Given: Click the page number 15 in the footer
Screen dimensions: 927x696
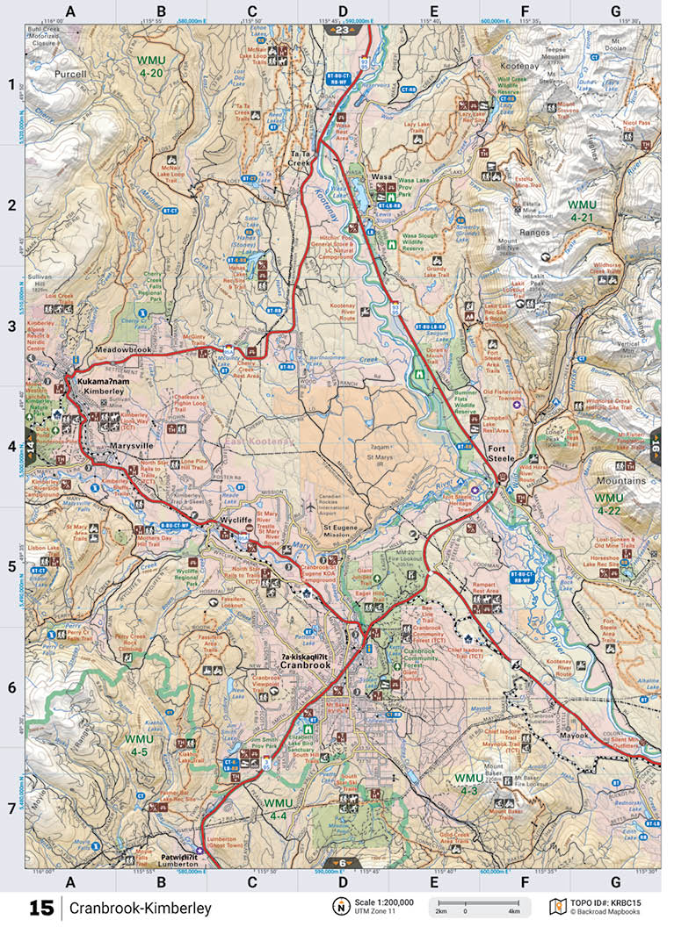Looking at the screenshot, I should tap(40, 907).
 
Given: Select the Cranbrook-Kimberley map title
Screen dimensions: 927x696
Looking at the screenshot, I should tap(141, 907).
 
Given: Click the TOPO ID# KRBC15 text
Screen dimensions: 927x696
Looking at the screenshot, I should tap(614, 902).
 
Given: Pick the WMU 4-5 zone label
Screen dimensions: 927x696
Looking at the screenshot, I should tap(138, 745).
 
